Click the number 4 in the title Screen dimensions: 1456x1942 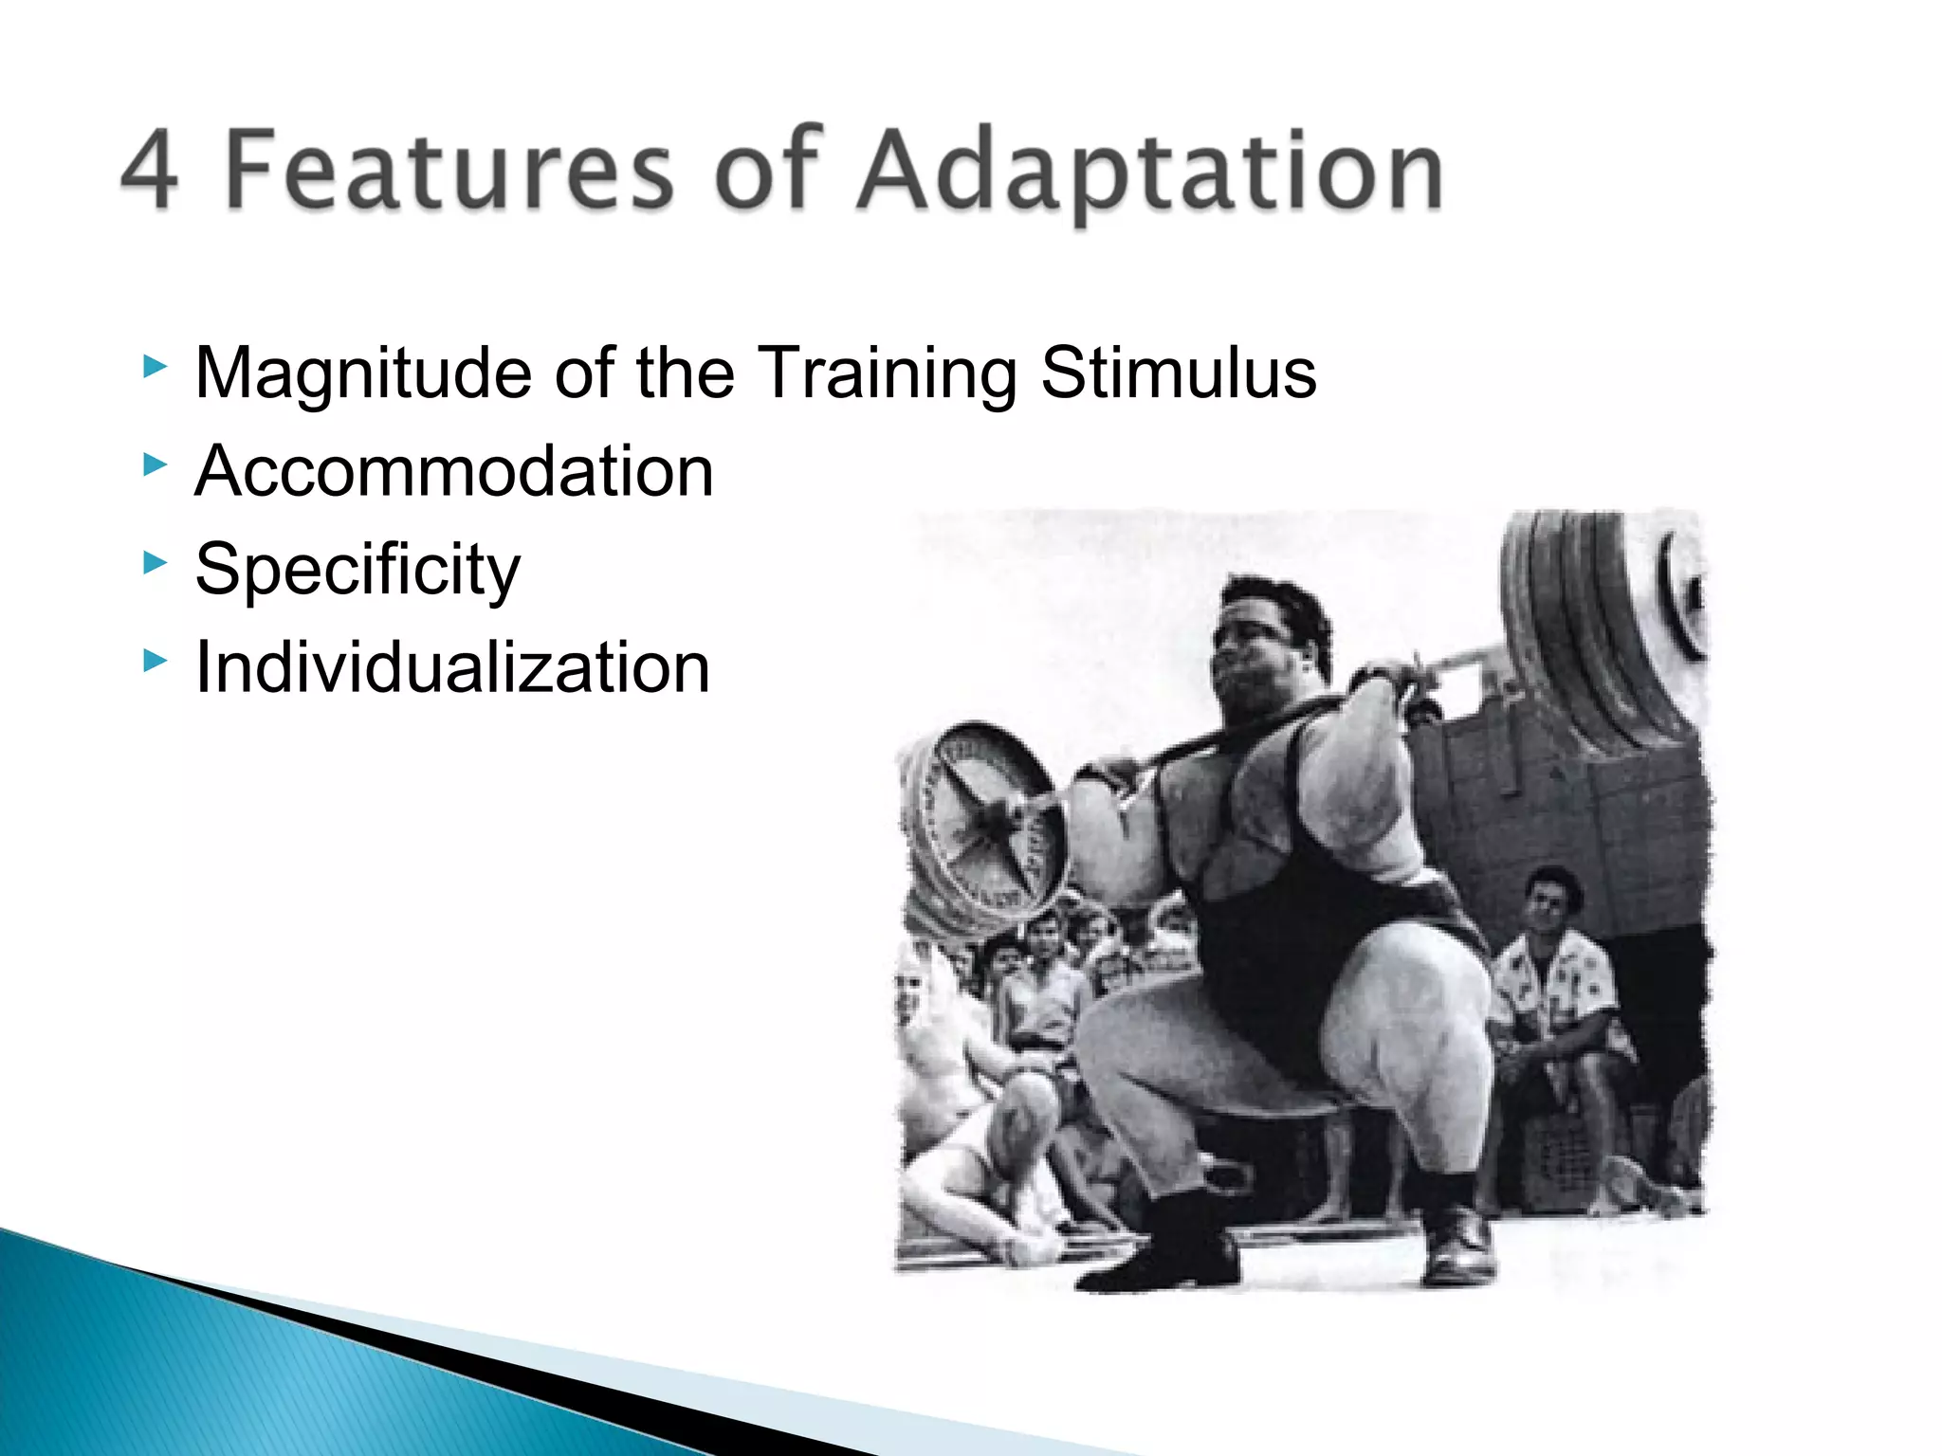(150, 171)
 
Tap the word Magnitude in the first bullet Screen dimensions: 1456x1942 (362, 373)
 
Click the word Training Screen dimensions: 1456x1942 (888, 373)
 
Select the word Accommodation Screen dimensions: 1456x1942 (453, 471)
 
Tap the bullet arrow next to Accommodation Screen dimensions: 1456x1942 (155, 464)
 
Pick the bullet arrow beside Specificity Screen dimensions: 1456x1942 (155, 563)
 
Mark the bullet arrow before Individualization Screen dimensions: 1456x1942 (155, 661)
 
